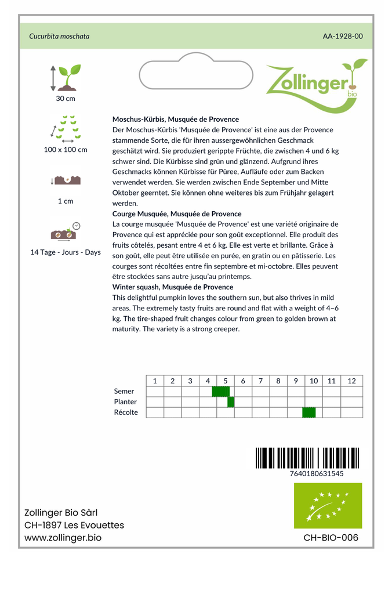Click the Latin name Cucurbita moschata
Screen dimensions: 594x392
[x=59, y=36]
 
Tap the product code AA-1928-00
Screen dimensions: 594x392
[x=343, y=36]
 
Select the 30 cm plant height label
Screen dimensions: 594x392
[x=66, y=99]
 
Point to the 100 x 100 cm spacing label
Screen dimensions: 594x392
[x=66, y=150]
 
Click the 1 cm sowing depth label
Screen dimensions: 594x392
[x=66, y=201]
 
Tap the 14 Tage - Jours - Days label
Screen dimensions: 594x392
[x=66, y=252]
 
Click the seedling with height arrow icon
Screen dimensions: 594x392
[x=66, y=78]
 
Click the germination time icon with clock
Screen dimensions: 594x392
[x=66, y=231]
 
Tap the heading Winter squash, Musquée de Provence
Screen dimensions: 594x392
[x=173, y=287]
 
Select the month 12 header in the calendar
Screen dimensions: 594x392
[x=351, y=381]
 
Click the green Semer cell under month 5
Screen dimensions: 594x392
[x=220, y=392]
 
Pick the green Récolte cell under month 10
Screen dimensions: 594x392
[x=309, y=412]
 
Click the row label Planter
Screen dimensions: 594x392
[x=126, y=402]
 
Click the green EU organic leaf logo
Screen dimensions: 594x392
[x=328, y=505]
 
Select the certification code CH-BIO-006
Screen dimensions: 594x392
[x=331, y=538]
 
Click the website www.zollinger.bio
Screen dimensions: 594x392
[x=63, y=538]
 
